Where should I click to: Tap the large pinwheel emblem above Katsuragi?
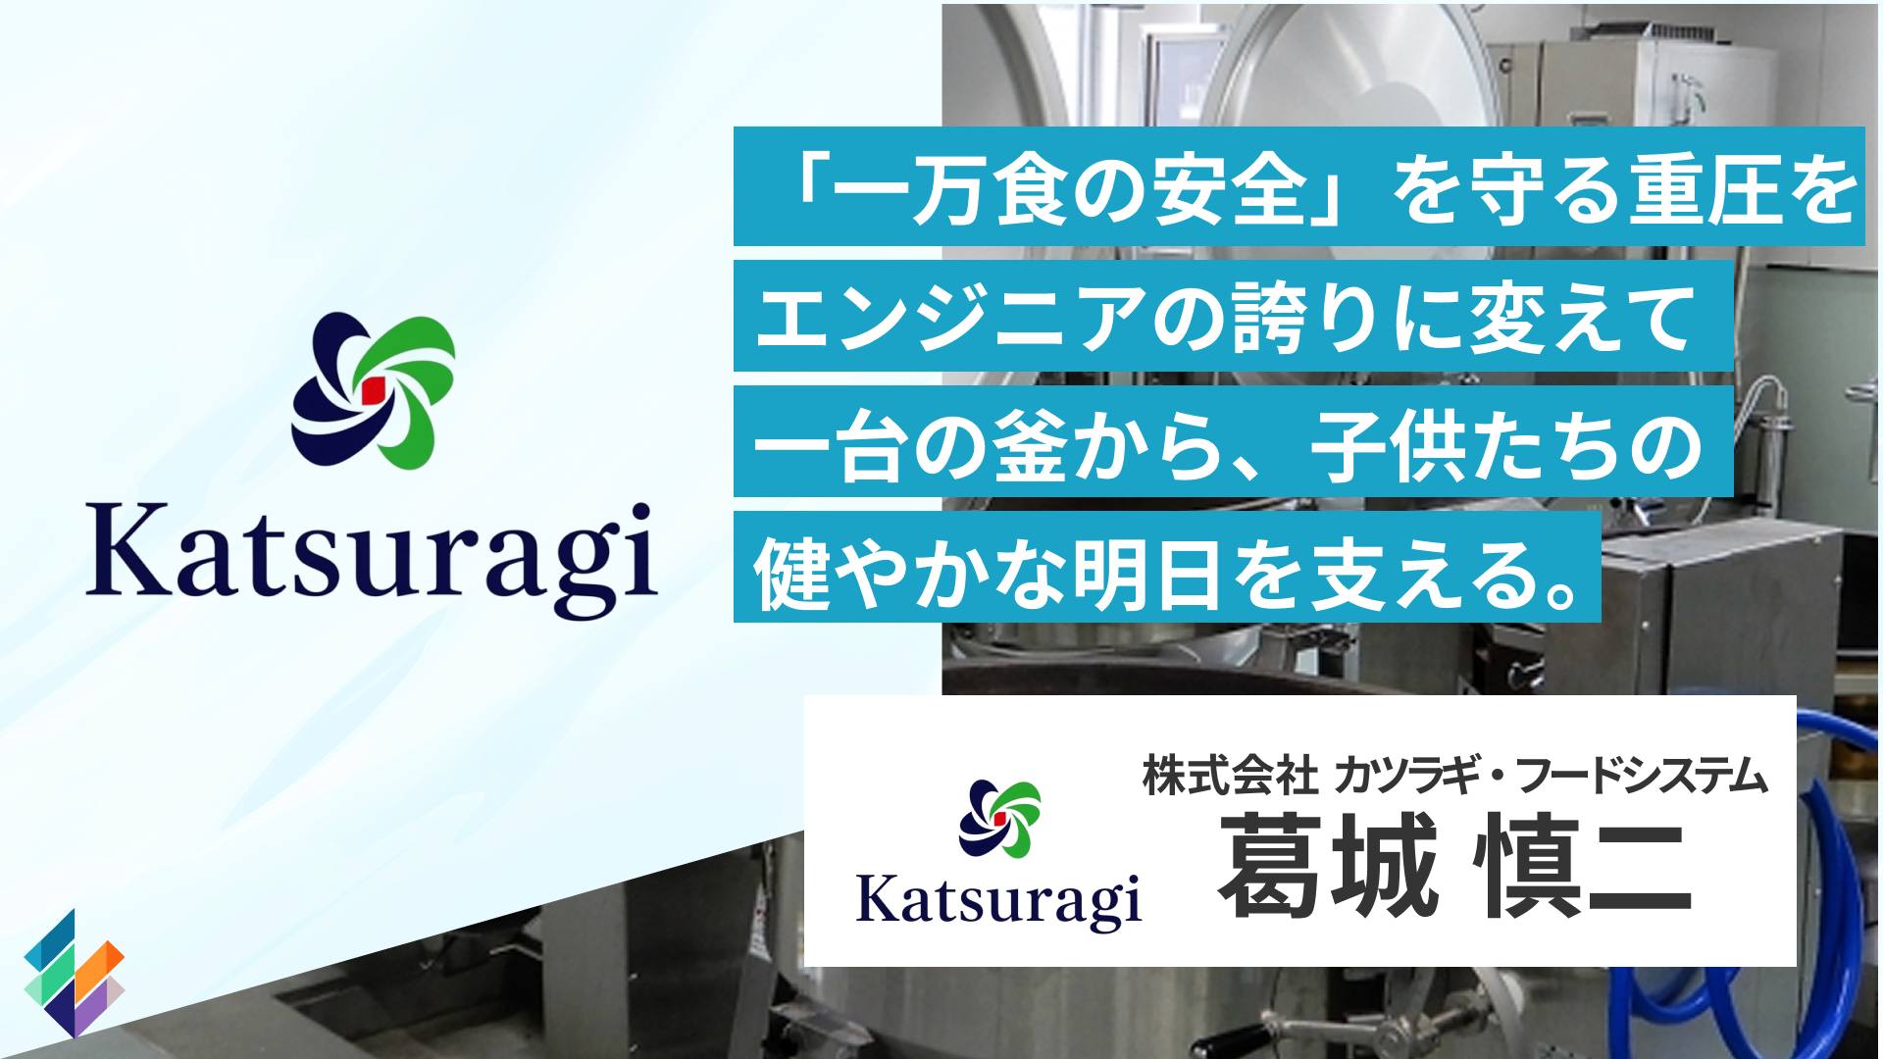click(x=373, y=391)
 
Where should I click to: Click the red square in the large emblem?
click(x=373, y=390)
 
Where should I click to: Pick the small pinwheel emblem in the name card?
click(x=999, y=819)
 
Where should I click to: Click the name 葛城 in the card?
click(x=1328, y=866)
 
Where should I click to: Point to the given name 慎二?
click(x=1583, y=866)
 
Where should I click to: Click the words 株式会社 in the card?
click(x=1230, y=776)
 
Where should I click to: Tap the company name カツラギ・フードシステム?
click(x=1551, y=776)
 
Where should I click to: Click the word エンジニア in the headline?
click(x=951, y=318)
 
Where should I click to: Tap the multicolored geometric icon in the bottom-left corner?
click(x=75, y=973)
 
